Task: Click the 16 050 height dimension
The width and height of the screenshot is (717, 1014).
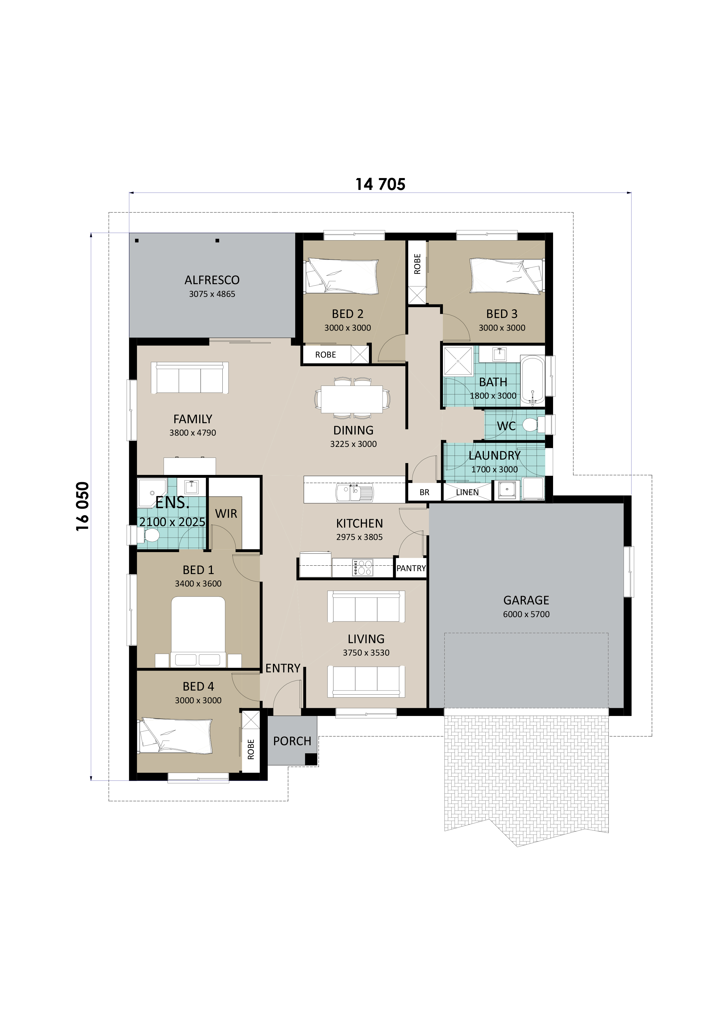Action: click(83, 506)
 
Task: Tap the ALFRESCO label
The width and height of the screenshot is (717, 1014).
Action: click(212, 280)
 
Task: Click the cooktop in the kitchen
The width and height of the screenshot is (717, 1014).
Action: click(362, 567)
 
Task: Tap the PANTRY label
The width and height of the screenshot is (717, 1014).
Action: click(411, 568)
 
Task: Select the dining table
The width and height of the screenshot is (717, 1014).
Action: click(352, 399)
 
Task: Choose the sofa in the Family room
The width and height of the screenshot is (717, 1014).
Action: click(190, 378)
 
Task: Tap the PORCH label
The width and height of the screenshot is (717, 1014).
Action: click(292, 741)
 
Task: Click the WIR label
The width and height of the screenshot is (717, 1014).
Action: click(226, 514)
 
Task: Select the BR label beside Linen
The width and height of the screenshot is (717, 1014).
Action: click(424, 493)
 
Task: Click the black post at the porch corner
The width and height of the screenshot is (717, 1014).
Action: click(311, 759)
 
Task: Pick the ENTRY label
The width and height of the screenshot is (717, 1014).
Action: click(283, 668)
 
